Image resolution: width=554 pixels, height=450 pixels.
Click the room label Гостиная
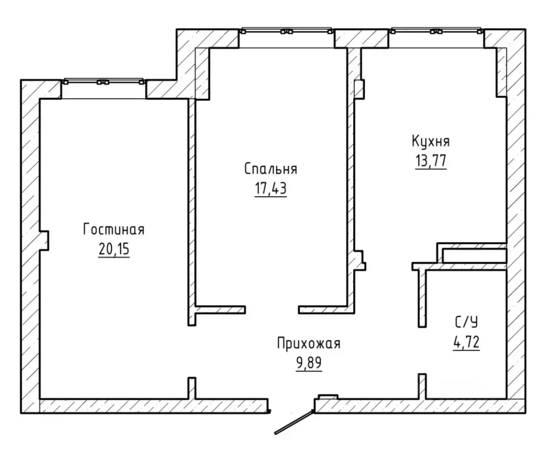pos(114,230)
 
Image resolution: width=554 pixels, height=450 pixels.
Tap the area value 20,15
pos(114,250)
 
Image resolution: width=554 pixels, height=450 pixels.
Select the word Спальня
pos(271,169)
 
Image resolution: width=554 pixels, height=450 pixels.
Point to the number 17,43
pos(271,189)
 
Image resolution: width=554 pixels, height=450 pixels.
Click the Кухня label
pos(430,141)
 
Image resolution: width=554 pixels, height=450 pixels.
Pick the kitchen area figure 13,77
pos(430,161)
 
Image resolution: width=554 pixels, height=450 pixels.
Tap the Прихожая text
pos(309,343)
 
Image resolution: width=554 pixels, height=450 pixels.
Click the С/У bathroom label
pos(466,322)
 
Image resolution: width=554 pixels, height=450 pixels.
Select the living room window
pos(104,81)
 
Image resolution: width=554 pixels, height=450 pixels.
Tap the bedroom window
pos(286,30)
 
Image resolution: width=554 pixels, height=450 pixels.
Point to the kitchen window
pos(436,30)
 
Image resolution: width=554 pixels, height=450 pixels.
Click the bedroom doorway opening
pos(272,309)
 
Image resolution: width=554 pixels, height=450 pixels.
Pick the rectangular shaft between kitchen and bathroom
pos(474,255)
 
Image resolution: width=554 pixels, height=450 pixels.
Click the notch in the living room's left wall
pos(44,241)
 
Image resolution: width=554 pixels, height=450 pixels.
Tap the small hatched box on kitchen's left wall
pos(359,89)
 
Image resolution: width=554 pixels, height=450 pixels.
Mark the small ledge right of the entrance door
pos(328,397)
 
